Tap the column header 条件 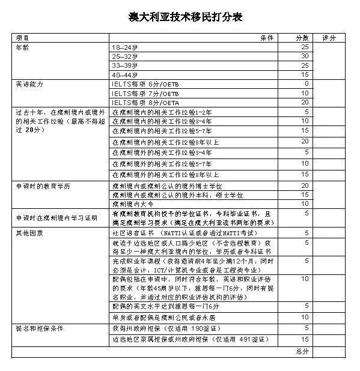[x=267, y=37]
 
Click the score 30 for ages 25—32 [x=305, y=56]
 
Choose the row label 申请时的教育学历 [x=43, y=186]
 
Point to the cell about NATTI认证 [x=184, y=232]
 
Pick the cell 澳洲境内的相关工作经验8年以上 [x=165, y=142]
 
